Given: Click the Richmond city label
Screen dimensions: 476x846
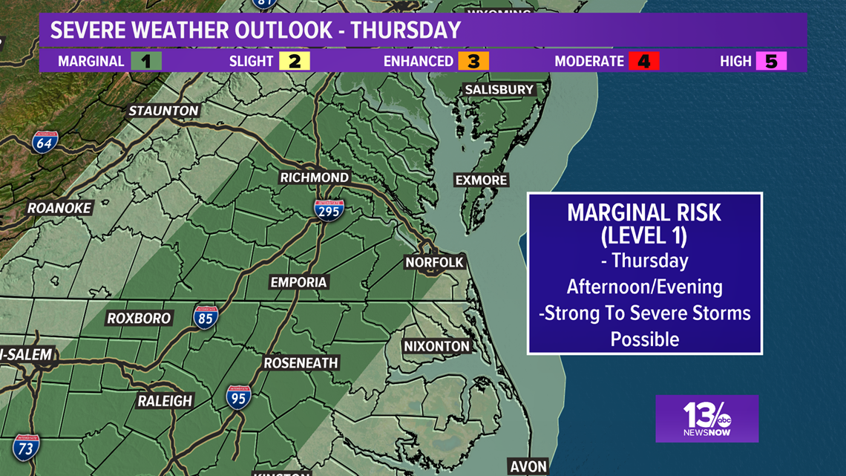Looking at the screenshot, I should click(314, 177).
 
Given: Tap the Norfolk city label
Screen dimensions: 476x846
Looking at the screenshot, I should click(434, 262).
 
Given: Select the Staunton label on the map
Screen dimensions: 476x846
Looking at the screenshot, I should click(164, 111).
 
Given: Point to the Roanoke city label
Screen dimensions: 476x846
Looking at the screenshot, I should click(59, 208).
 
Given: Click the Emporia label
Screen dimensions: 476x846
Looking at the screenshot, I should click(298, 282).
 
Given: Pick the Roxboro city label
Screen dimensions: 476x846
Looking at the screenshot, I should click(139, 318).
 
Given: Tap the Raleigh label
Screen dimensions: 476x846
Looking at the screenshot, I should click(165, 401).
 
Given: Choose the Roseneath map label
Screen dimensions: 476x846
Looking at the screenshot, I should click(301, 363).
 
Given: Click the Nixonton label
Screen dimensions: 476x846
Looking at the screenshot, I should click(437, 346).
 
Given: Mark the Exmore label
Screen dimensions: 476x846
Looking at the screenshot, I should click(481, 180).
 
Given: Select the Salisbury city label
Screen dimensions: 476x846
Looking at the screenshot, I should click(499, 89).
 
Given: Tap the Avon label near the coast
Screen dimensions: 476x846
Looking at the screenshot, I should click(528, 467).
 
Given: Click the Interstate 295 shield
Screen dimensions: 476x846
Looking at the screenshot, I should click(328, 211).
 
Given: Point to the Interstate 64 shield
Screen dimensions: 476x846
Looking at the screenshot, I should click(45, 141).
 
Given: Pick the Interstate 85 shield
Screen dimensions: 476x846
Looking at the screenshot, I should click(206, 317).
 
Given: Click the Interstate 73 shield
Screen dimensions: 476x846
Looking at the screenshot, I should click(25, 447).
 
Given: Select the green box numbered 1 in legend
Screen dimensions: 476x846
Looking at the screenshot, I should click(145, 61).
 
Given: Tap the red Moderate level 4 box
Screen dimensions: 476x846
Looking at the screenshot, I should click(643, 61).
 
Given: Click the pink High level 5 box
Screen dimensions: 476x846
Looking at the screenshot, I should click(771, 61).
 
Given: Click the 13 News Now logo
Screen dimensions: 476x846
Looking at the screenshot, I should click(706, 419).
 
